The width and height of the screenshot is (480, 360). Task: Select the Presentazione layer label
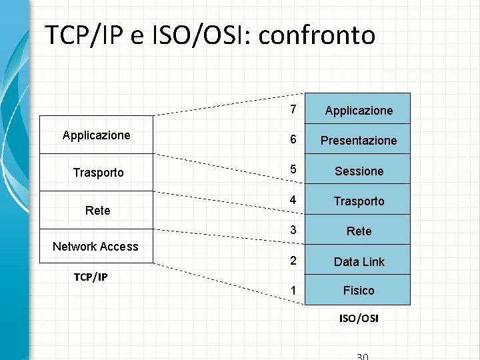tap(359, 141)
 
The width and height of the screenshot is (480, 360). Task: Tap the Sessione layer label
tap(359, 171)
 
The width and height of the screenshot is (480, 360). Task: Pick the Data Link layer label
tap(359, 262)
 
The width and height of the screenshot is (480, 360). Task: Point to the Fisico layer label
tap(359, 291)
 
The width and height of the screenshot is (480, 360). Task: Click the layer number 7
tap(293, 110)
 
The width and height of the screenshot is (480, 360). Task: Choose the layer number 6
tap(293, 140)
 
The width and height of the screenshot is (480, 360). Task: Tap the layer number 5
tap(293, 171)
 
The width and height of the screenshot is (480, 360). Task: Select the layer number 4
tap(293, 201)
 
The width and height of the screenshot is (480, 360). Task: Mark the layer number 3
tap(293, 231)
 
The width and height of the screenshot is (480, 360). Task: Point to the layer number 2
tap(293, 261)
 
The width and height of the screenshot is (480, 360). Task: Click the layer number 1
tap(293, 291)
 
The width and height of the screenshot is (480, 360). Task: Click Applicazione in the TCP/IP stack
tap(97, 135)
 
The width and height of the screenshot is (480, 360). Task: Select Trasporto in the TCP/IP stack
tap(98, 173)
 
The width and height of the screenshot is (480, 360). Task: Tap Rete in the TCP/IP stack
tap(97, 211)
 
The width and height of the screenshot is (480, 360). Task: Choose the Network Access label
tap(95, 247)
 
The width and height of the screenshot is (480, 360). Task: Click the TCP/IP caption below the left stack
tap(91, 277)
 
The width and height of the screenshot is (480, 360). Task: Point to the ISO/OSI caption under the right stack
tap(359, 319)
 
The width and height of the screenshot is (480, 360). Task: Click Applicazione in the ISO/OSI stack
tap(359, 111)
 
